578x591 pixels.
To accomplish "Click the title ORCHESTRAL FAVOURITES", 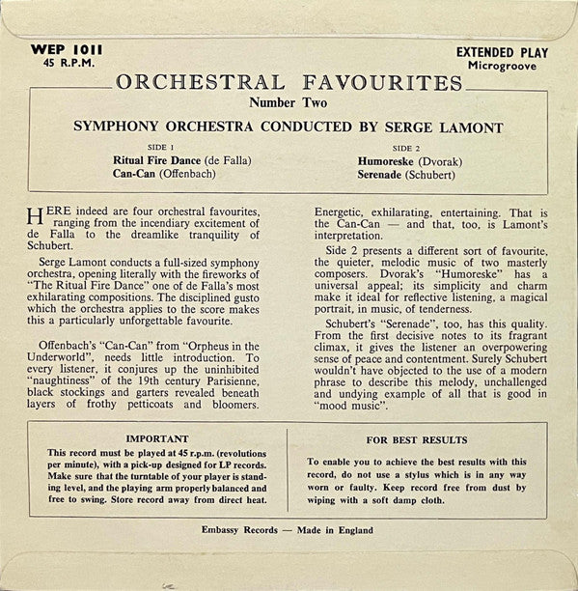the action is tap(289, 82).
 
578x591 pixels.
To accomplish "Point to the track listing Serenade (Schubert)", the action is tap(415, 174).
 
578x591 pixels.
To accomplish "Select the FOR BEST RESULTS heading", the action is tap(417, 437).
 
